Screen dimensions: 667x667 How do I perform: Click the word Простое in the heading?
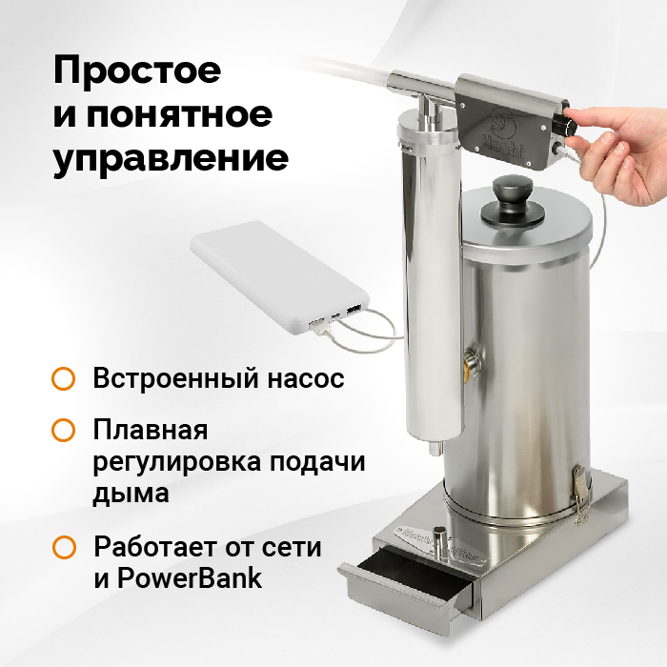[x=137, y=71]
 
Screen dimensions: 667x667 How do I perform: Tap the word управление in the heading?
[x=171, y=159]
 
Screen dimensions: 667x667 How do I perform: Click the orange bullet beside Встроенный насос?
[x=64, y=378]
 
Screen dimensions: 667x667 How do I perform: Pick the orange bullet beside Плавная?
[x=64, y=430]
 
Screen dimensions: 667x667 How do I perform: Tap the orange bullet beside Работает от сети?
[x=64, y=547]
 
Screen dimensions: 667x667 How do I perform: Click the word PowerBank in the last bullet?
[x=190, y=577]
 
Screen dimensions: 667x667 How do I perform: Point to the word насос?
[x=306, y=378]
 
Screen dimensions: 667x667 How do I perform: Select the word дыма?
[x=131, y=494]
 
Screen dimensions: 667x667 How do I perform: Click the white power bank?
[x=280, y=278]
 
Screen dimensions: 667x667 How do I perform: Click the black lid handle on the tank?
[x=513, y=200]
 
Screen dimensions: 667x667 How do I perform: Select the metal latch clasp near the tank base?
[x=580, y=495]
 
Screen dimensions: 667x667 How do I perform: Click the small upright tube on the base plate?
[x=438, y=539]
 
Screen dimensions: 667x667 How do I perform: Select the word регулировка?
[x=176, y=462]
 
